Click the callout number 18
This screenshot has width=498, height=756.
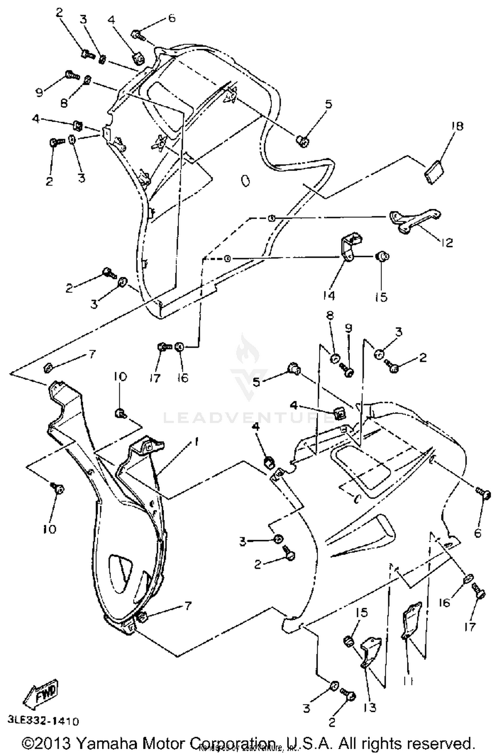(457, 126)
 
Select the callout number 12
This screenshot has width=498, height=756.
(447, 243)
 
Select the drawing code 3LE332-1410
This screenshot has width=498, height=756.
(43, 721)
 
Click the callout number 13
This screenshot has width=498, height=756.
(370, 708)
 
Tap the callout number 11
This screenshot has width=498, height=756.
(408, 681)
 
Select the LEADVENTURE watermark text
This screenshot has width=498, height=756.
(247, 418)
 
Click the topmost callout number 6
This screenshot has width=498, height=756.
(172, 18)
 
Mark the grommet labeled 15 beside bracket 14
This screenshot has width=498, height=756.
(382, 256)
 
